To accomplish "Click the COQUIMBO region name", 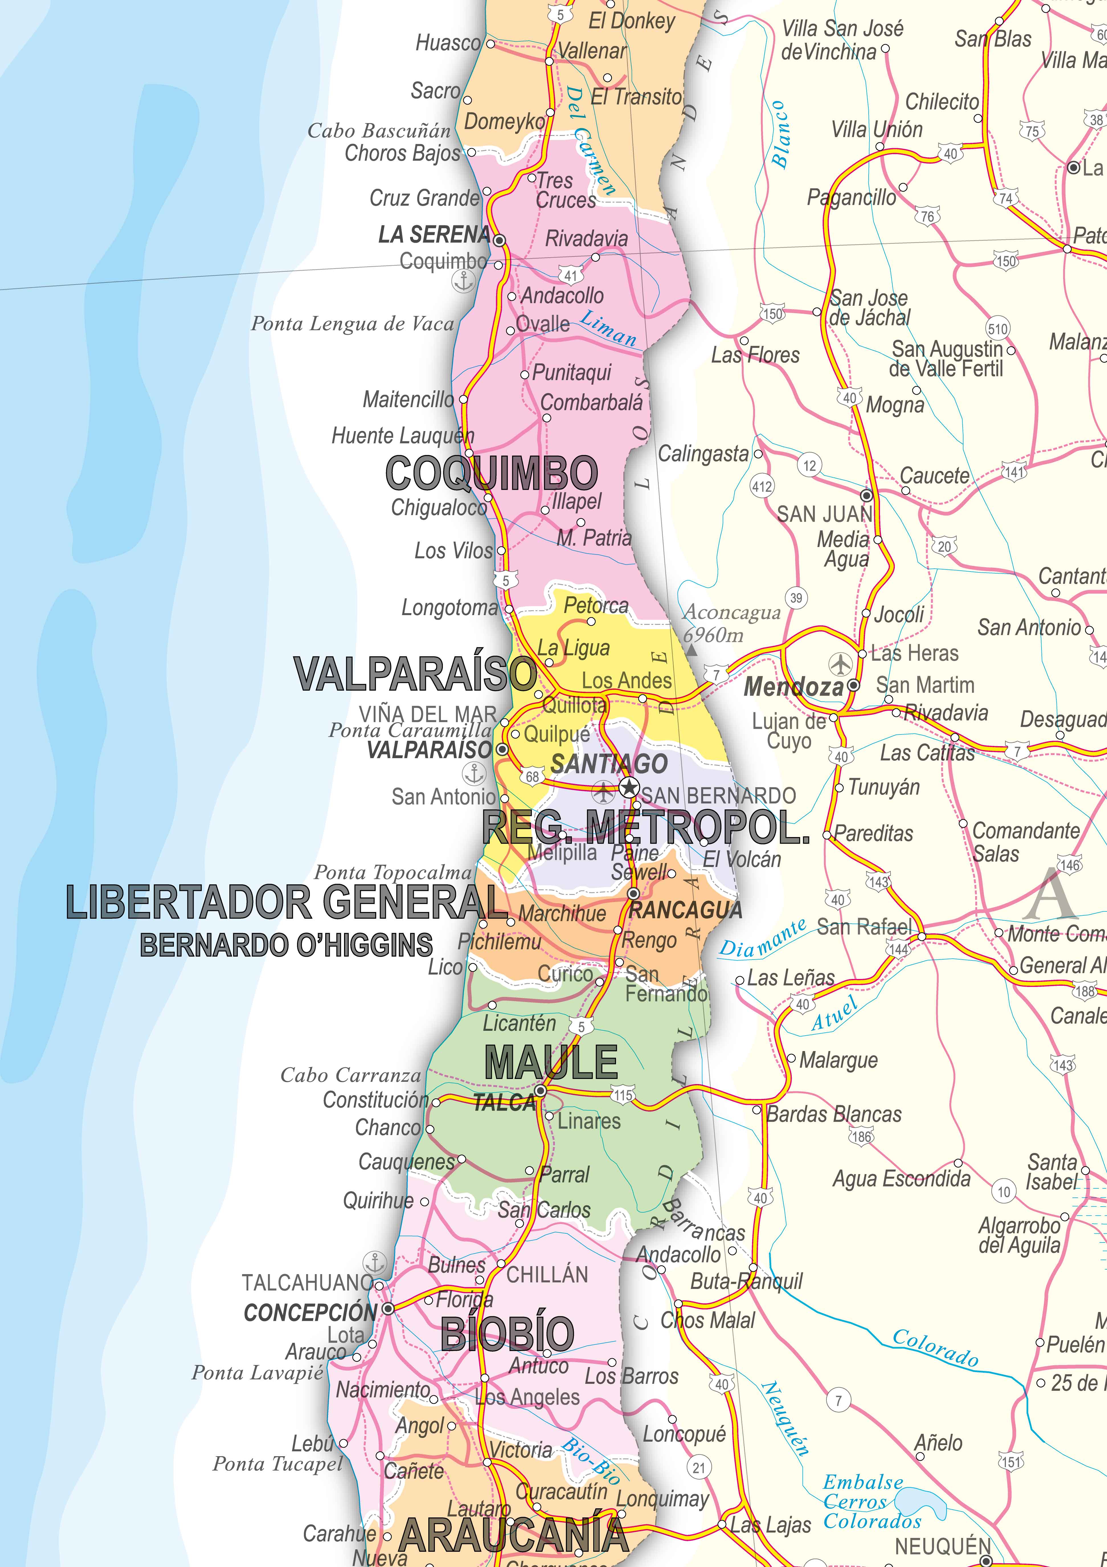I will coord(491,473).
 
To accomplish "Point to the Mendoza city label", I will coord(793,687).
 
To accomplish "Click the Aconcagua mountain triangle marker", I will coord(691,652).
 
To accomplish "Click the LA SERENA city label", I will coord(434,235).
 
